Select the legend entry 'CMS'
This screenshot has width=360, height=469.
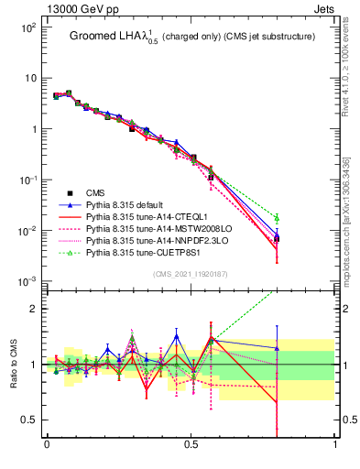click(x=96, y=193)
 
